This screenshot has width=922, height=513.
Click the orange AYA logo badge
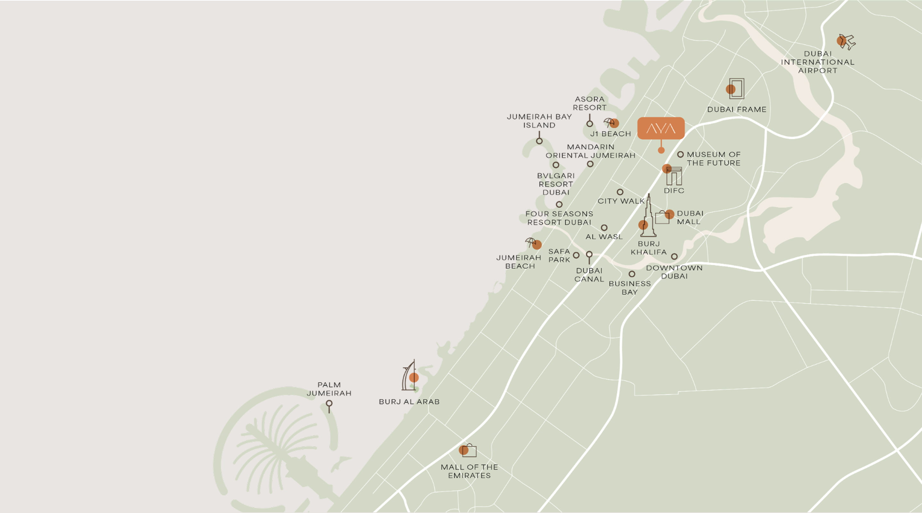coord(661,128)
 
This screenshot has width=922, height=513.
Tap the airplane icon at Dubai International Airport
coord(847,42)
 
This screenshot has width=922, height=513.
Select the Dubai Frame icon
coord(736,88)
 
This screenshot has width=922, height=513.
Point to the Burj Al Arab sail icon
coord(409,376)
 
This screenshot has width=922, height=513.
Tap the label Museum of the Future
coord(713,159)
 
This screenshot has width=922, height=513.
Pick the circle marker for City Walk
coord(620,192)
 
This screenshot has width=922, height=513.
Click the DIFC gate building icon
coord(674,176)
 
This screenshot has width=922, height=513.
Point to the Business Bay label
coord(630,288)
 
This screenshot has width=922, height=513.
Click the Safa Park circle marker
coord(576,255)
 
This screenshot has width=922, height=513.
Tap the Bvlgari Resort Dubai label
coord(556,184)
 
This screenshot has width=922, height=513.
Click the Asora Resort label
coord(589,103)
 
